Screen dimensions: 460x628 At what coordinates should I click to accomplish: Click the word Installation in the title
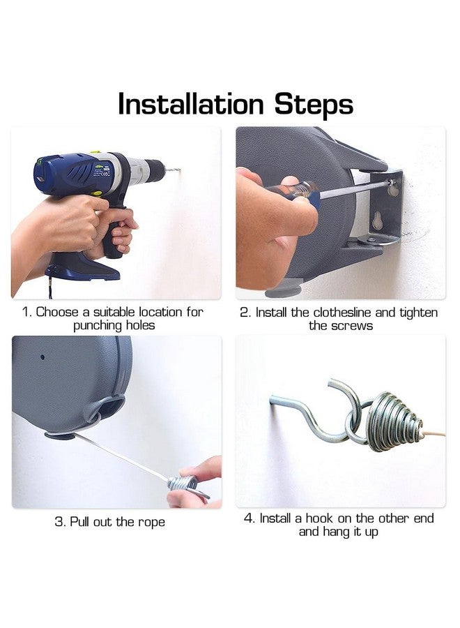[191, 104]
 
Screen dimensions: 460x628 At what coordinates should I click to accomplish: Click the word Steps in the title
[314, 105]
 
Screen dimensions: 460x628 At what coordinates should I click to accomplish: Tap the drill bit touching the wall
[172, 171]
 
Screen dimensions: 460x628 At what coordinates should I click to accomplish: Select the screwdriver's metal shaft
[354, 188]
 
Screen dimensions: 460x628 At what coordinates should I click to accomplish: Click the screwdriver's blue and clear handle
[298, 193]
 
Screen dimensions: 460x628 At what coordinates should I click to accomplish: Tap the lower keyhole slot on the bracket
[378, 220]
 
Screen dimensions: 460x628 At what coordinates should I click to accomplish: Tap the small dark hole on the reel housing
[43, 357]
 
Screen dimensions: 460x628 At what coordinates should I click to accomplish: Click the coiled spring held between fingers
[184, 483]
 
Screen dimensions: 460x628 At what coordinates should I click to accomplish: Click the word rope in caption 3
[151, 523]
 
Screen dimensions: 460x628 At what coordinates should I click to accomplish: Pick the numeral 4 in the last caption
[248, 518]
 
